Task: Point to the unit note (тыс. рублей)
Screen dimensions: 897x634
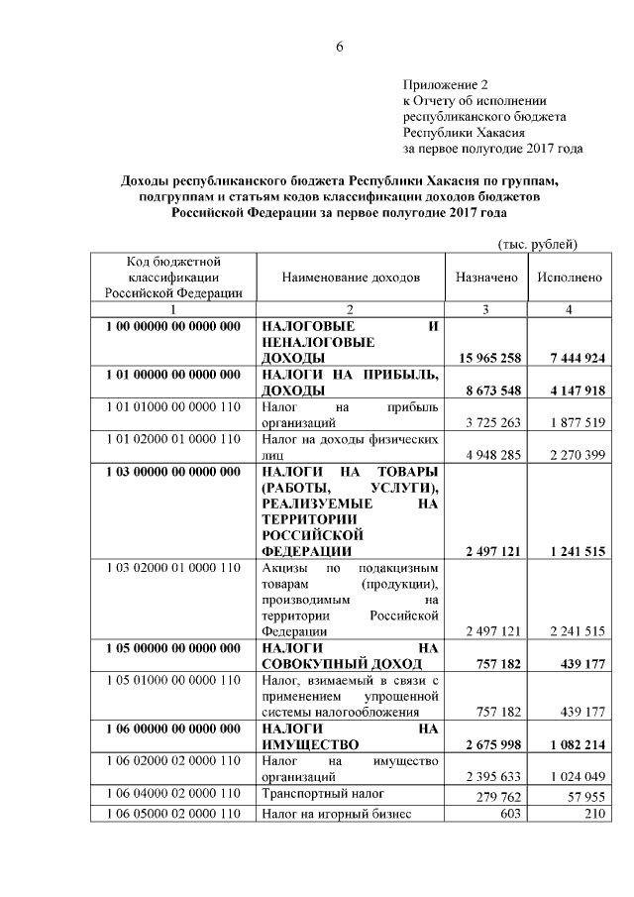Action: pyautogui.click(x=535, y=244)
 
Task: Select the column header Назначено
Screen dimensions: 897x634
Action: pyautogui.click(x=486, y=278)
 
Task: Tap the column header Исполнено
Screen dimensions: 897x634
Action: pyautogui.click(x=570, y=278)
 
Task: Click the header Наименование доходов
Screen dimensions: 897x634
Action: pyautogui.click(x=351, y=278)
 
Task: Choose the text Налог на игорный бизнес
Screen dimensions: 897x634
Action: pyautogui.click(x=333, y=814)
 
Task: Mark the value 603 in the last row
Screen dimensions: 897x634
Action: pyautogui.click(x=510, y=814)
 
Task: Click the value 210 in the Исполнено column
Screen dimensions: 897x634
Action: pyautogui.click(x=594, y=814)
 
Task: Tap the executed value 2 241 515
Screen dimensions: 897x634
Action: pyautogui.click(x=575, y=631)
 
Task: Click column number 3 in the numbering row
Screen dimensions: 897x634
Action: pyautogui.click(x=485, y=310)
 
